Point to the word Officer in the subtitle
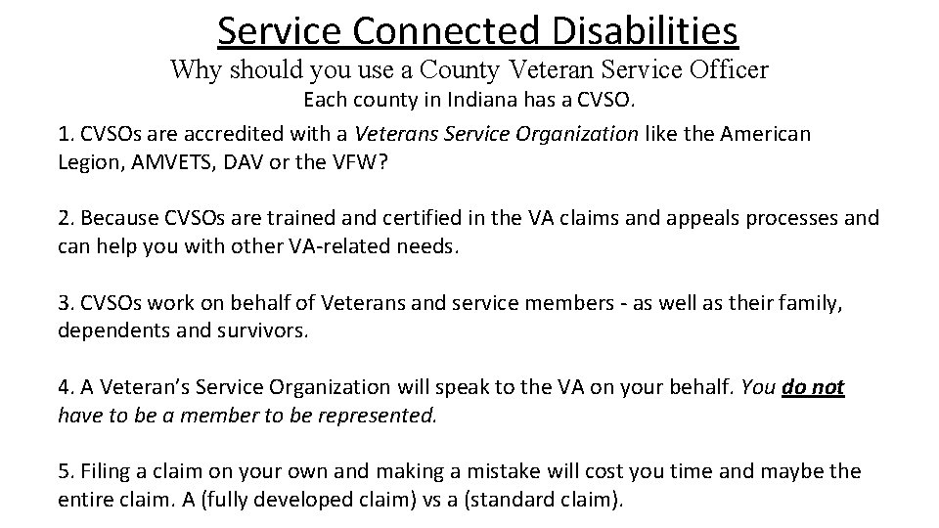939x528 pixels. [x=721, y=70]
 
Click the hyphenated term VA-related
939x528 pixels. [x=341, y=245]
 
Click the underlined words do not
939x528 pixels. [x=814, y=387]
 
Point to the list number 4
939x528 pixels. [x=65, y=388]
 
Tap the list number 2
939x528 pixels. [x=65, y=218]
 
